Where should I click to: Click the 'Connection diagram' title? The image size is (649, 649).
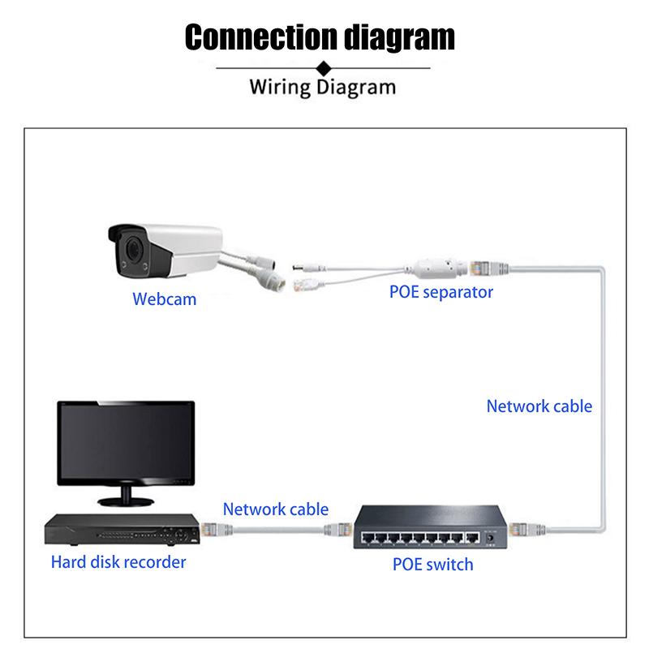[x=320, y=37]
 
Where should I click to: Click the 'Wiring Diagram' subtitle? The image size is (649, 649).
[x=322, y=87]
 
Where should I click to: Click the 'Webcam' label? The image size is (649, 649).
[x=165, y=299]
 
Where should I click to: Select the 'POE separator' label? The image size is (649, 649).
[x=441, y=292]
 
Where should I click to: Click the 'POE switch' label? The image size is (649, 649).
[x=432, y=564]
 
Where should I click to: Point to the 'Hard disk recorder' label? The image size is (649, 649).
[x=118, y=561]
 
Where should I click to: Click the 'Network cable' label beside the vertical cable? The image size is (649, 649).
[x=539, y=406]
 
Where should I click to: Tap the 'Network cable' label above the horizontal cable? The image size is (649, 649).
[x=276, y=509]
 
